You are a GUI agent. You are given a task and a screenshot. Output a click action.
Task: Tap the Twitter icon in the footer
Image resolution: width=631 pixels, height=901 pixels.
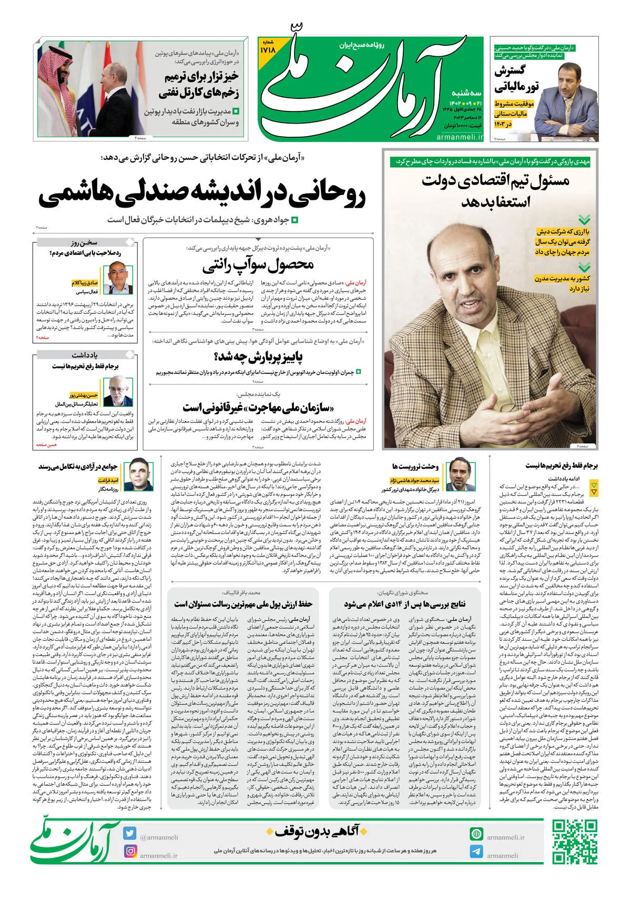[x=130, y=833]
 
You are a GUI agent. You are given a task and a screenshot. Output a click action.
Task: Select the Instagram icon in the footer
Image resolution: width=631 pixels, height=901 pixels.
[x=130, y=851]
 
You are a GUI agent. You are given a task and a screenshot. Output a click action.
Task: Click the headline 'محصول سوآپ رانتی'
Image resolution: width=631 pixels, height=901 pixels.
[x=258, y=264]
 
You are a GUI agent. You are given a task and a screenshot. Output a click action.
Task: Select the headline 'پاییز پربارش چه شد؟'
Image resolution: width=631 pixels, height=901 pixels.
[x=258, y=358]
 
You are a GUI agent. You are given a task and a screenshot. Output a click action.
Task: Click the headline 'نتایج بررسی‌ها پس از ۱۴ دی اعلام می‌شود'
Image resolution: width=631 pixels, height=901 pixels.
[x=404, y=604]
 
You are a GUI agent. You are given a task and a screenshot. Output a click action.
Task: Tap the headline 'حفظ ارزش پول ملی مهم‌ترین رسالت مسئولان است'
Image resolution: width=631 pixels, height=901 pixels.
[x=243, y=604]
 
